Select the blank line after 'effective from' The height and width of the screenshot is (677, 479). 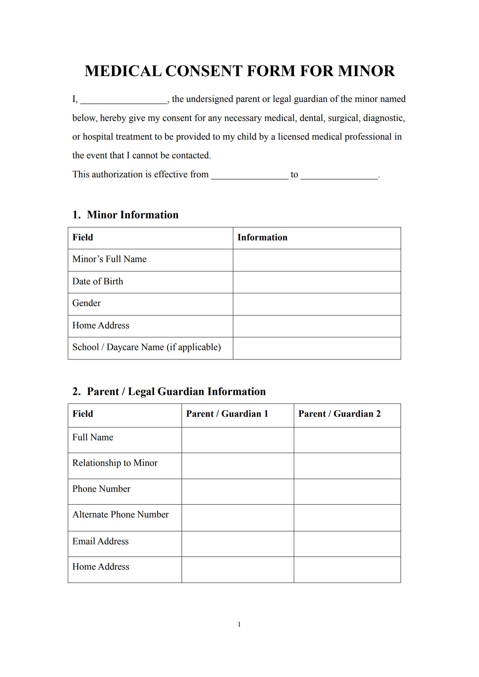click(x=249, y=176)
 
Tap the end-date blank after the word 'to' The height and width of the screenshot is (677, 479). click(x=339, y=176)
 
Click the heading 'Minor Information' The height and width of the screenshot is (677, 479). click(x=132, y=215)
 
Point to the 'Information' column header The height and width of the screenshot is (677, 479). click(x=262, y=237)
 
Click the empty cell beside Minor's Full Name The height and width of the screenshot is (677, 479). click(x=316, y=260)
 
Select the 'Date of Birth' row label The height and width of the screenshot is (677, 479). click(x=98, y=281)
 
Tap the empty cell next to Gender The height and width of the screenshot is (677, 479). click(x=316, y=304)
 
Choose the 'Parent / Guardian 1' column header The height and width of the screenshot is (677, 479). click(x=227, y=414)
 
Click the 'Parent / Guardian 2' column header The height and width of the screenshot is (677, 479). click(x=339, y=414)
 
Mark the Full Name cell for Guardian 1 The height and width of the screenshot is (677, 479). click(x=237, y=440)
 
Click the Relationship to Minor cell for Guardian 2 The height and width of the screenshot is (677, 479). click(x=347, y=466)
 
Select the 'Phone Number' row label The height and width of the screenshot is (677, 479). click(x=101, y=489)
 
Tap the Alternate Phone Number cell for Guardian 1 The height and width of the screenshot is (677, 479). click(x=237, y=517)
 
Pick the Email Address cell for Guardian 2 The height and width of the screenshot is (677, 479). click(x=347, y=544)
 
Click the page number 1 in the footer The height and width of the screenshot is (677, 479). click(x=239, y=624)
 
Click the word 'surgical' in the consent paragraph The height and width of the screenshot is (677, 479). click(x=344, y=118)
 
